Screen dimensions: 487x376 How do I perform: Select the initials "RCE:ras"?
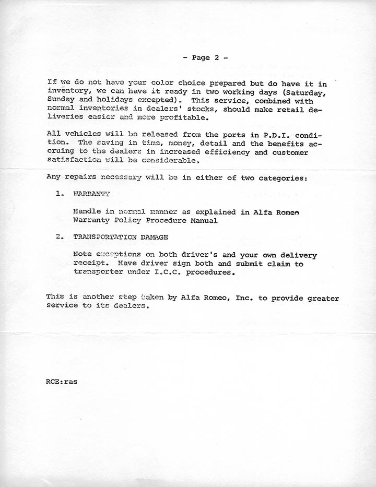[x=62, y=382]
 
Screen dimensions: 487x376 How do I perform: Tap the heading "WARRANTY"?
[x=92, y=194]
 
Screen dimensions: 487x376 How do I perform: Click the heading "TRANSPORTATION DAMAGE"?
[x=121, y=237]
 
